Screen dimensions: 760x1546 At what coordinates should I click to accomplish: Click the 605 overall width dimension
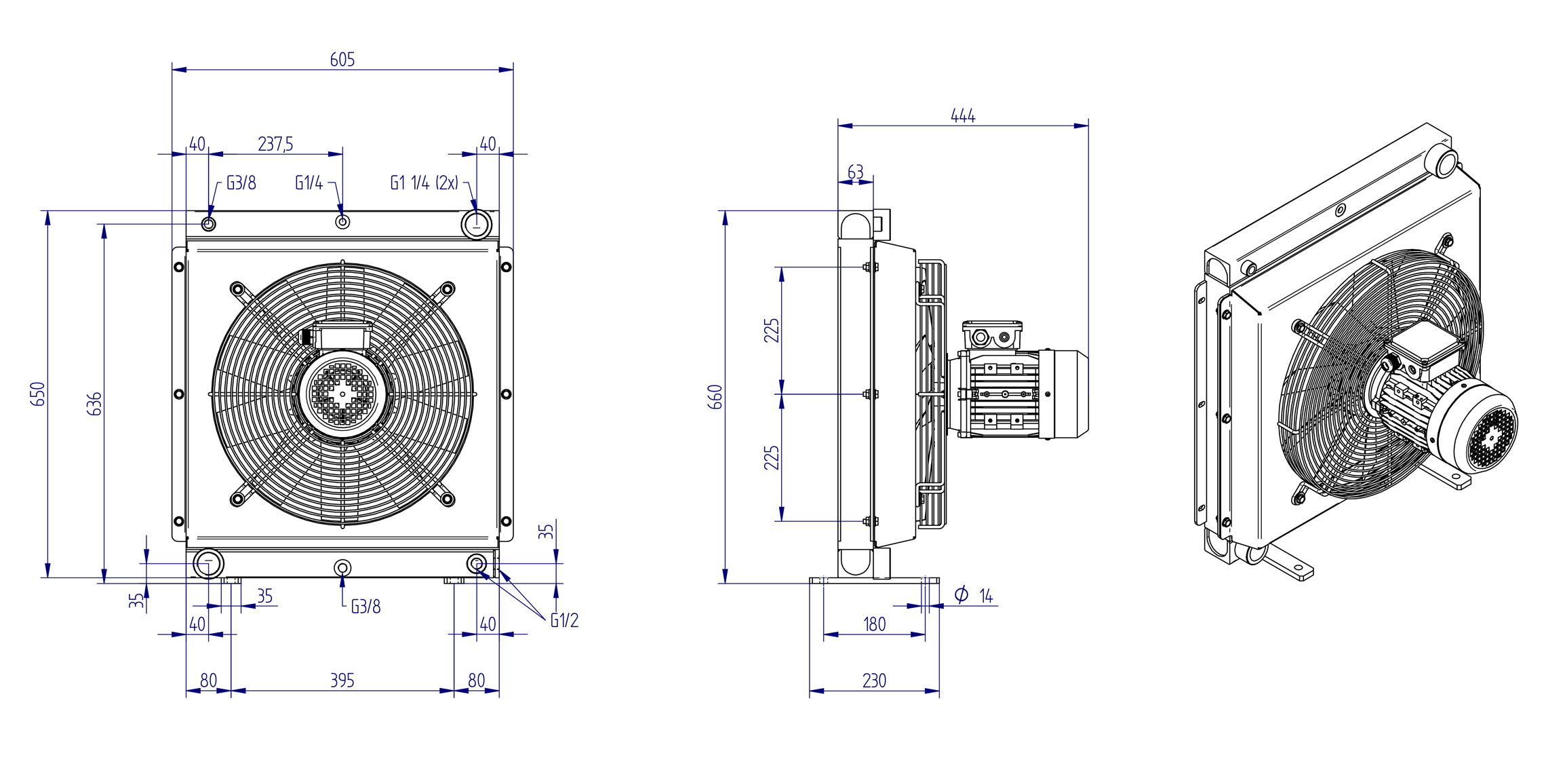click(x=342, y=60)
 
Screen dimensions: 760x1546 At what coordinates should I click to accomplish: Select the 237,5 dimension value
click(x=275, y=144)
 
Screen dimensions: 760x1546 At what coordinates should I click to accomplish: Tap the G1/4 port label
click(x=309, y=183)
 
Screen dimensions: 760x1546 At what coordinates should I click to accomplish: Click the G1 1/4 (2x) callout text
click(x=424, y=183)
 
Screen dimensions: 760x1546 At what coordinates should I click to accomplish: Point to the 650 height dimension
click(x=38, y=394)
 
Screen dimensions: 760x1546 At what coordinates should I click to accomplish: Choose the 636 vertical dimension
click(x=94, y=404)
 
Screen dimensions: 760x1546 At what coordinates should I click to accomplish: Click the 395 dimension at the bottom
click(x=342, y=680)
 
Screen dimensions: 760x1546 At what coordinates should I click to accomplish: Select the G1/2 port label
click(x=564, y=620)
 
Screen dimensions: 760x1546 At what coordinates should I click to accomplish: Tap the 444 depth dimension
click(x=963, y=116)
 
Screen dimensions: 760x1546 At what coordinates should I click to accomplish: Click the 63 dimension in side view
click(x=856, y=172)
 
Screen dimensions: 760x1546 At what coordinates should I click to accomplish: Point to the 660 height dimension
click(x=715, y=397)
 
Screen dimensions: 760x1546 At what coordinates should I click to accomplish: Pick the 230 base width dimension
click(x=874, y=680)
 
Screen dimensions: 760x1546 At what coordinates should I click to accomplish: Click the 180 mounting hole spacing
click(x=874, y=624)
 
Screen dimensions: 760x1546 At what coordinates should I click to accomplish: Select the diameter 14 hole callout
click(x=974, y=596)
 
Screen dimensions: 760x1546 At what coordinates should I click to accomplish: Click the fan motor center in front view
click(x=342, y=394)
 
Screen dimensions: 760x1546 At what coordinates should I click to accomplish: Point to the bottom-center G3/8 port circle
click(x=342, y=567)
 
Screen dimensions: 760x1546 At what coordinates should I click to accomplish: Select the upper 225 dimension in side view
click(x=772, y=330)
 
